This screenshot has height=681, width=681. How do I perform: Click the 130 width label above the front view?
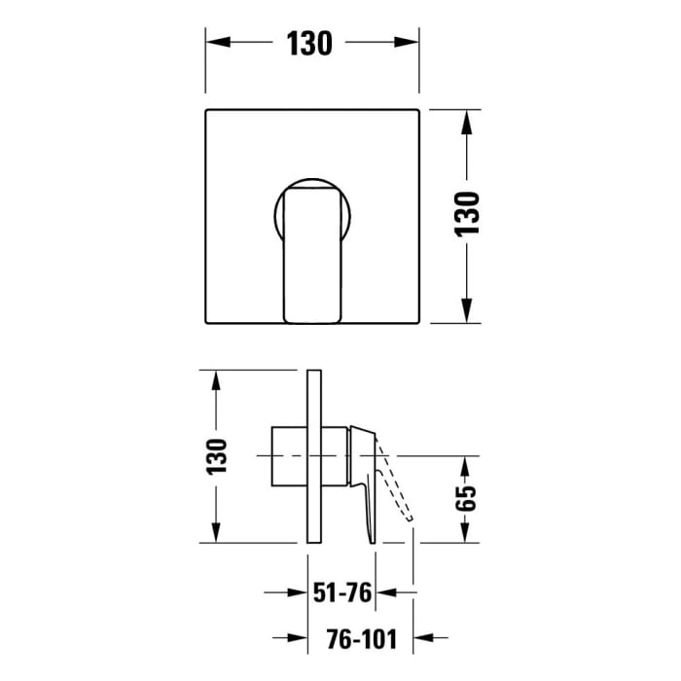point(310,44)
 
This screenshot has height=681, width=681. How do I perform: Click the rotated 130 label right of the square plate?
point(469,214)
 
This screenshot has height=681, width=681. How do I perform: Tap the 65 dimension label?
point(468,498)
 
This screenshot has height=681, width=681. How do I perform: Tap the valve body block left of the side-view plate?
point(289,455)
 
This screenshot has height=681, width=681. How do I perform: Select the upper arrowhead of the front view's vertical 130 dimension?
point(469,122)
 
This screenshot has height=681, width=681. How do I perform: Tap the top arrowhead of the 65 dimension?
point(468,466)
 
